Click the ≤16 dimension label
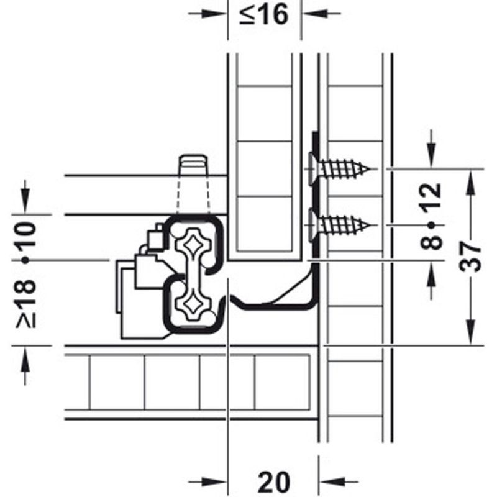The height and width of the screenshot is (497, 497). pos(264,14)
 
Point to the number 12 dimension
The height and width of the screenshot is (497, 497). pos(433,198)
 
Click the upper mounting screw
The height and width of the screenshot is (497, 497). pos(342,168)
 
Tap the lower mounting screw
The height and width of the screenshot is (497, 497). pos(342,222)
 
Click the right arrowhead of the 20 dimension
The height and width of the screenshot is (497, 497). pos(329,482)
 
